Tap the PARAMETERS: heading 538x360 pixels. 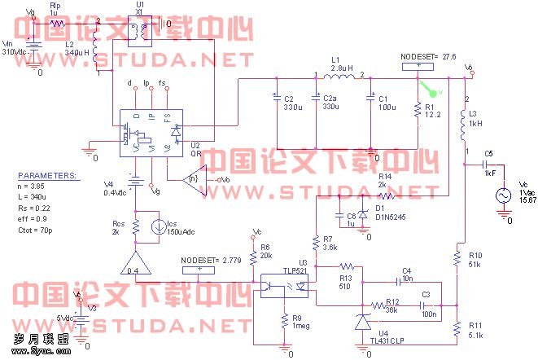tap(48, 175)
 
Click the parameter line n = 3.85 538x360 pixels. tap(36, 187)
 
